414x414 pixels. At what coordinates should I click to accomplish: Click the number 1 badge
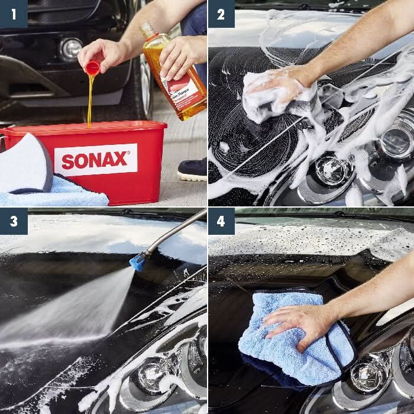13,14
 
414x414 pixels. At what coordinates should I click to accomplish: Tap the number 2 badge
221,14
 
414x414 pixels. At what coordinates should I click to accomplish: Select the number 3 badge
13,221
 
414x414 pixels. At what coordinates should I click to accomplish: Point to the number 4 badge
221,221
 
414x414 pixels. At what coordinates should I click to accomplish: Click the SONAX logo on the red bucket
95,160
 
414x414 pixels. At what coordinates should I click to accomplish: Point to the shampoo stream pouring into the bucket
90,101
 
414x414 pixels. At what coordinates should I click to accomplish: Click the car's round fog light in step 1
71,48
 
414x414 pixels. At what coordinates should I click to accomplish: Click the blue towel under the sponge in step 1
65,192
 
